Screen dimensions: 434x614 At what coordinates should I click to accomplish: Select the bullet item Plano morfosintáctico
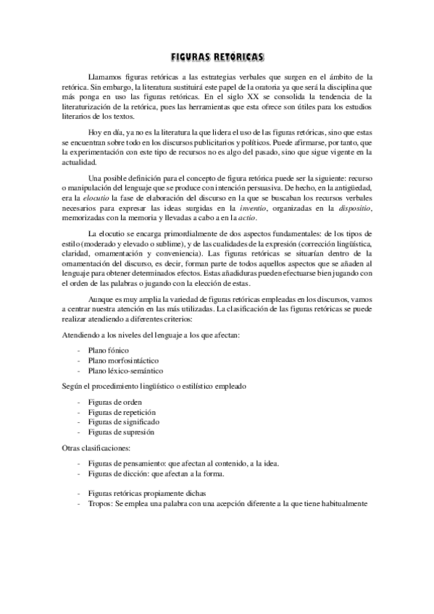[123, 360]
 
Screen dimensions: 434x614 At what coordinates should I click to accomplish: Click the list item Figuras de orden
[114, 402]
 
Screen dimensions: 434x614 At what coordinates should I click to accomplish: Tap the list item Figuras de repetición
[120, 411]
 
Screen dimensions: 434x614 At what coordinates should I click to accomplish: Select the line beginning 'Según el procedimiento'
[154, 386]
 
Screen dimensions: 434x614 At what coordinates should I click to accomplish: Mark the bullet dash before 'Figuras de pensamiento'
[78, 463]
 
